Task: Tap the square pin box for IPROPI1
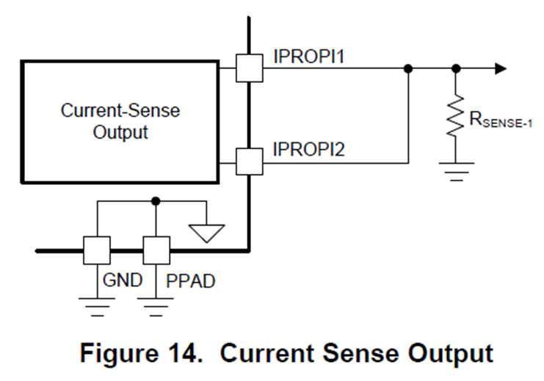(x=250, y=68)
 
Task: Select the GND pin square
(x=97, y=250)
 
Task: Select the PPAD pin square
(x=156, y=250)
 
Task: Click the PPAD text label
(x=189, y=280)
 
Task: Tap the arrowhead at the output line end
(x=501, y=68)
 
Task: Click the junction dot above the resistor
(x=456, y=68)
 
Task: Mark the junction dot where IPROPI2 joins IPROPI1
(x=408, y=68)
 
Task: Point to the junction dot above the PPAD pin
(x=156, y=200)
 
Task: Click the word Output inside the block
(x=120, y=132)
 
